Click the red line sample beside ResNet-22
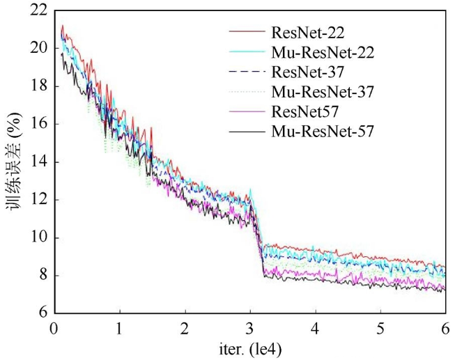246,32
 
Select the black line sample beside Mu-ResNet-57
246,130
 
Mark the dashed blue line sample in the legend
246,71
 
